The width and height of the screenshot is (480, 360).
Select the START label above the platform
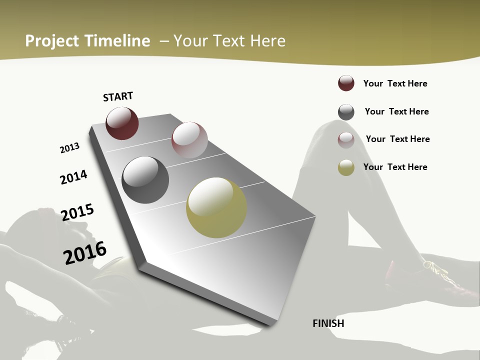(x=118, y=96)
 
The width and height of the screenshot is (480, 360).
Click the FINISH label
(x=328, y=323)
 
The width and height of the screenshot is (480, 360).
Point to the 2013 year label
(x=69, y=148)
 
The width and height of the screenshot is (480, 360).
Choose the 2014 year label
(x=73, y=177)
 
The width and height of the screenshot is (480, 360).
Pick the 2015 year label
(x=77, y=212)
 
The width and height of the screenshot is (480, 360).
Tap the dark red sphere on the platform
(x=122, y=123)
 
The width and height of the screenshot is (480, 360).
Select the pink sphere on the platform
(x=189, y=139)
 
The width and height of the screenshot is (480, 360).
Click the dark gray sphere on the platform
(x=145, y=180)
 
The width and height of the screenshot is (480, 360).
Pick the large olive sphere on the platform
(x=216, y=207)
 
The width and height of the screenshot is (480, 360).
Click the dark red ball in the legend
(x=346, y=83)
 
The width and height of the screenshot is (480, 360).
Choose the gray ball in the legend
(x=346, y=112)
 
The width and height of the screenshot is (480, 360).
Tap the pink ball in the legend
(x=346, y=139)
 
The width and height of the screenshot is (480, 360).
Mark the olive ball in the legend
(x=346, y=167)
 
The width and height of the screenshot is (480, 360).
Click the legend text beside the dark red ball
(x=395, y=83)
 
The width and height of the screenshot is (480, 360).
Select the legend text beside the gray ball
(x=396, y=111)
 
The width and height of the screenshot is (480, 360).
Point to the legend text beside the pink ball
(x=397, y=139)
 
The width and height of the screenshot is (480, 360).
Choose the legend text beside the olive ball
(x=395, y=167)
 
